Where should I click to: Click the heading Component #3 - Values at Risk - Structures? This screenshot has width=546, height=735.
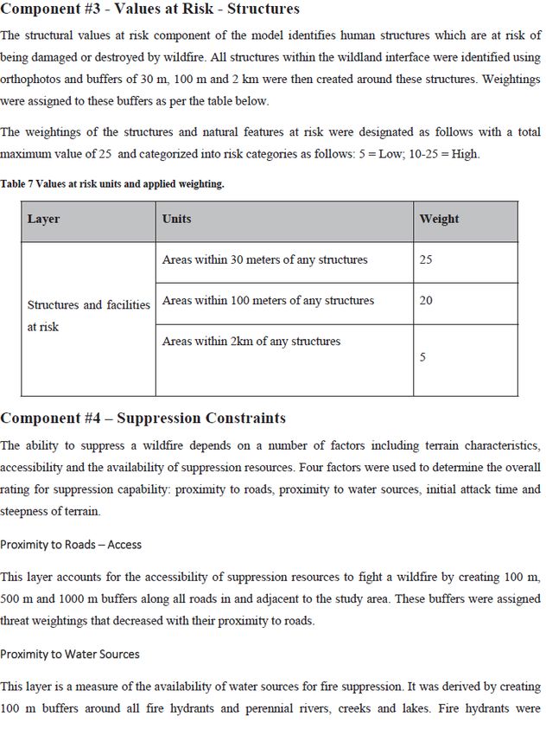tap(150, 10)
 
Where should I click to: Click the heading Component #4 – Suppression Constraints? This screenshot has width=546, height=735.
tap(143, 419)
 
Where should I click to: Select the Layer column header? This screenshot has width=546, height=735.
tap(43, 219)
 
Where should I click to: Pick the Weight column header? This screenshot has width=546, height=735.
tap(439, 219)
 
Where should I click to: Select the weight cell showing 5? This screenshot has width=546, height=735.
tap(422, 357)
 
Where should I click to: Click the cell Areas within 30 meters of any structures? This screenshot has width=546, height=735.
tap(264, 259)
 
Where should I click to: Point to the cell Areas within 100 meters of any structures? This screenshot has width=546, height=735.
tap(268, 301)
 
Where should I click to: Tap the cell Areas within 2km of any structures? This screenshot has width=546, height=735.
tap(251, 342)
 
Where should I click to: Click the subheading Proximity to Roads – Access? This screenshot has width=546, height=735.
tap(71, 545)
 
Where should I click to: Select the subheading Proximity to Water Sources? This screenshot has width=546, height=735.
tap(70, 654)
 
